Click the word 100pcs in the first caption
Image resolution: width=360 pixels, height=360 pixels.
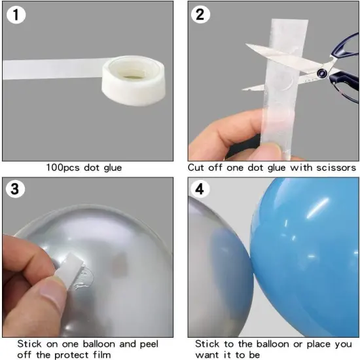pos(64,168)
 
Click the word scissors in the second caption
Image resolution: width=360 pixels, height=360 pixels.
pos(333,168)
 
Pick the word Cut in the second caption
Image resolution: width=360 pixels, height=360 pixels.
pos(197,168)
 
